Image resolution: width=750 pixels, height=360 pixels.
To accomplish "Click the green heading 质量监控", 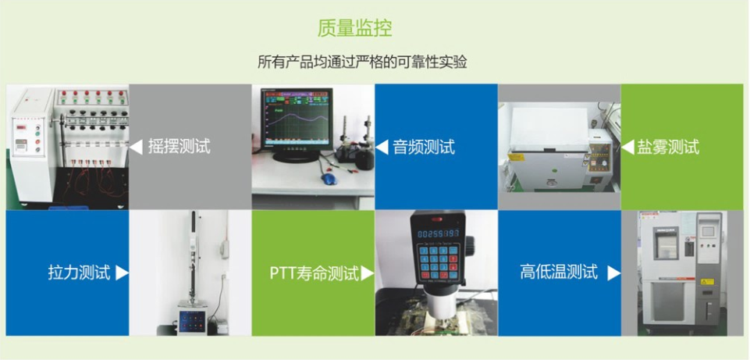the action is (354, 28).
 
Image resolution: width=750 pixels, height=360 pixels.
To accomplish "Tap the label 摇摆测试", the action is (179, 147).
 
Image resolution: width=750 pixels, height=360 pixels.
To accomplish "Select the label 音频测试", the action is (424, 147).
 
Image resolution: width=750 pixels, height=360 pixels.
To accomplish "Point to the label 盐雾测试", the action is (668, 147).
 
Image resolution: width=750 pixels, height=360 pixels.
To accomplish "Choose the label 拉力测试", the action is (79, 273).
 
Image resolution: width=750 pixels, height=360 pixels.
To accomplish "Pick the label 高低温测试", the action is (559, 272).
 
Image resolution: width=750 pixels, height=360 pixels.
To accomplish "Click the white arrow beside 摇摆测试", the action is (136, 147).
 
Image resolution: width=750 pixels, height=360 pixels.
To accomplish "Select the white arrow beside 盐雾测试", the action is (627, 147).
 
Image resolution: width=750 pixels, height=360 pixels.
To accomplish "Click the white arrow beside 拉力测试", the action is (122, 273).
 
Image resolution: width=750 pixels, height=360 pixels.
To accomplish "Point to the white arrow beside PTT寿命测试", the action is (368, 273).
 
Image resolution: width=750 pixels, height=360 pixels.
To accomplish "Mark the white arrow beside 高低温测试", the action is (613, 273).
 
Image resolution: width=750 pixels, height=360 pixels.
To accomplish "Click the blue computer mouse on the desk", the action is (329, 179).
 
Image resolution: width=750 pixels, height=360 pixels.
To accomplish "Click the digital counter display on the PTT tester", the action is (438, 233).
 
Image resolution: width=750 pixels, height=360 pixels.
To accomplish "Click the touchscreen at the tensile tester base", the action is (192, 320).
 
